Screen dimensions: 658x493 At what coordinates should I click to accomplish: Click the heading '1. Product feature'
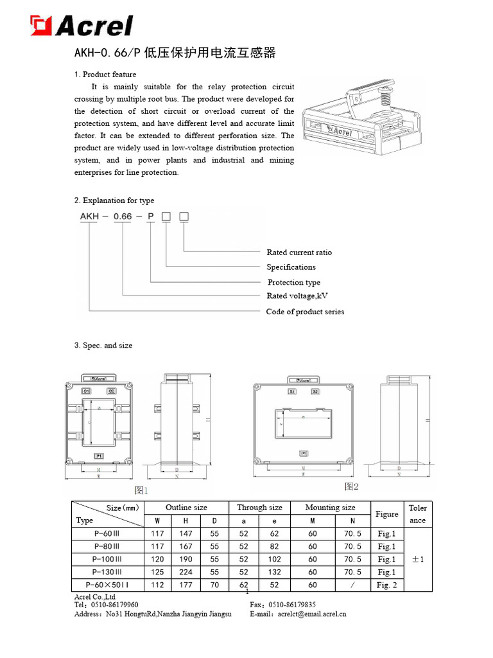(x=105, y=75)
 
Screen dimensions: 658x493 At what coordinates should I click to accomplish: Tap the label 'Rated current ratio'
(x=299, y=253)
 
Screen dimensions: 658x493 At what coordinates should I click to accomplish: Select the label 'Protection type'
(x=293, y=283)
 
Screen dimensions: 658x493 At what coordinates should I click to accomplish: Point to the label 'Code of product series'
(x=305, y=312)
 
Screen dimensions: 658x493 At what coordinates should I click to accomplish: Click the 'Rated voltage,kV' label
(x=297, y=296)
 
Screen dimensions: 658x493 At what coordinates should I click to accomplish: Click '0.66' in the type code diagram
(x=122, y=217)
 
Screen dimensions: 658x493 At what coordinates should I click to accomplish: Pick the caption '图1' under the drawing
(x=141, y=490)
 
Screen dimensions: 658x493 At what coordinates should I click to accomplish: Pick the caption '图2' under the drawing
(x=351, y=486)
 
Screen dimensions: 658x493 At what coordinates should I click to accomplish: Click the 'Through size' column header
(x=259, y=508)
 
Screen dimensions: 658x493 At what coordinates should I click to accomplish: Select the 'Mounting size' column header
(x=330, y=508)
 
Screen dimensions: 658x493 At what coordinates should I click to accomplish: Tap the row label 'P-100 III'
(x=102, y=559)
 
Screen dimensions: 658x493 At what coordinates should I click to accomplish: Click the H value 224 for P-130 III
(x=186, y=572)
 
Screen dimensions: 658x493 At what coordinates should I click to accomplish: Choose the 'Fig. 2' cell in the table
(x=386, y=585)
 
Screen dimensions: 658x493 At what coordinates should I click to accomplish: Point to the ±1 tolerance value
(x=417, y=559)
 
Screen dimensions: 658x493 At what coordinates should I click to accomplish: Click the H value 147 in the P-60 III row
(x=186, y=533)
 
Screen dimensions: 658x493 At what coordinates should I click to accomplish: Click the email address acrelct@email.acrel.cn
(x=312, y=614)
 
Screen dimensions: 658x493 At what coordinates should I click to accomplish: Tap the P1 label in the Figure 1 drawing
(x=98, y=456)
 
